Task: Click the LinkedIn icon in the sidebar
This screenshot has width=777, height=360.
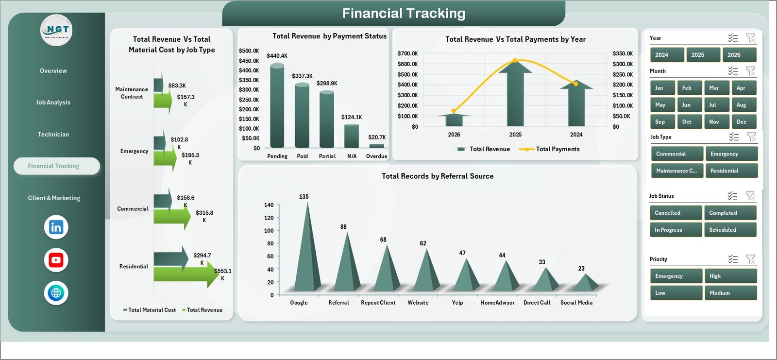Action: coord(56,227)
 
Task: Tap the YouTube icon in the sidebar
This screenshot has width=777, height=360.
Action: coord(56,260)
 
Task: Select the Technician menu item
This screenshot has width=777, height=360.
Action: coord(53,135)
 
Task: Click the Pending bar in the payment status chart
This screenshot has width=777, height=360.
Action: coord(277,106)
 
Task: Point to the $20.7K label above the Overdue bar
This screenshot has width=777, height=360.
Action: coord(377,137)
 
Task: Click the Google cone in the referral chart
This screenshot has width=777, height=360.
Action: coord(307,253)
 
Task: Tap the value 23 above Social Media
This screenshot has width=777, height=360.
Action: coord(581,269)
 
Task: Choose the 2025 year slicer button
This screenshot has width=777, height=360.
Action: coord(698,55)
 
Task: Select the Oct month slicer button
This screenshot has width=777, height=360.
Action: coord(687,122)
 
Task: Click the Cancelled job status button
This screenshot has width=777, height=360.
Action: coord(675,213)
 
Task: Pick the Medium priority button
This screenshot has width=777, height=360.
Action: coord(730,293)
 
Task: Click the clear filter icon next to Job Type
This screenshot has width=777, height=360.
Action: coord(751,137)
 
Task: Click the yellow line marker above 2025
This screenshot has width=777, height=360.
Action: coord(515,61)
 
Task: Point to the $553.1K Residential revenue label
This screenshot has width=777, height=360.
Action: coord(223,274)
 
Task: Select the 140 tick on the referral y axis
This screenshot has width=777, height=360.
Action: coord(269,205)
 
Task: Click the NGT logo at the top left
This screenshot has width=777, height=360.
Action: coord(56,30)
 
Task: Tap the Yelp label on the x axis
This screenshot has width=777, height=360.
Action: coord(457,303)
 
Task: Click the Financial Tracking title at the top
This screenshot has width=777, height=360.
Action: coord(404,14)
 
